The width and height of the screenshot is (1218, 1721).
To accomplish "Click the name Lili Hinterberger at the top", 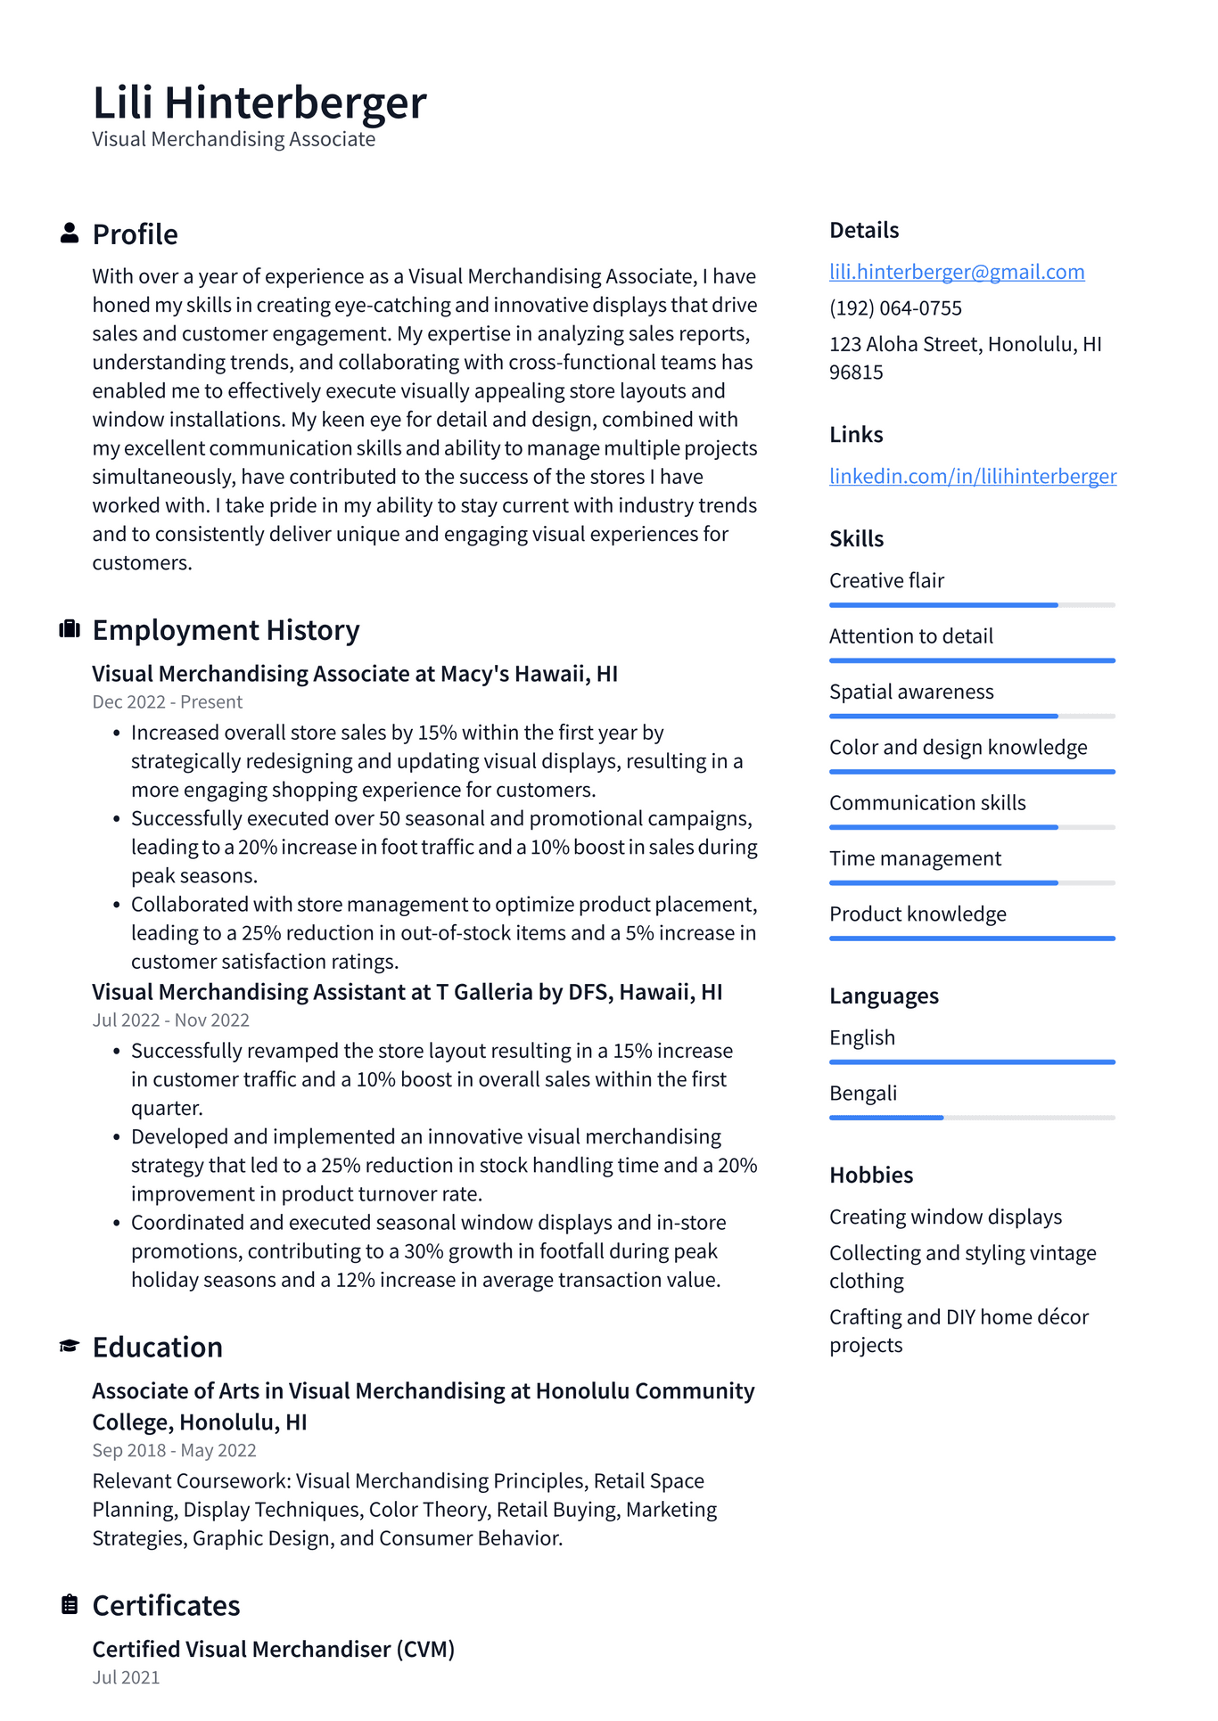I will click(259, 102).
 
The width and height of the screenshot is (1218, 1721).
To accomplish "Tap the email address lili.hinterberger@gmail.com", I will click(957, 272).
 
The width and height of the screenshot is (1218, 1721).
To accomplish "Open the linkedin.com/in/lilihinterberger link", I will click(972, 476).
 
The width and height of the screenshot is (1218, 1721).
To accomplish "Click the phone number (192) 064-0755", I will click(895, 308).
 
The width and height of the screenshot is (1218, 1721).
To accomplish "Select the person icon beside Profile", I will click(70, 234).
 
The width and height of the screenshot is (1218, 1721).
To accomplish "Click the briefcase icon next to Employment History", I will click(70, 629).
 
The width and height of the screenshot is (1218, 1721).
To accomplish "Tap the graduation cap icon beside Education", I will click(70, 1346).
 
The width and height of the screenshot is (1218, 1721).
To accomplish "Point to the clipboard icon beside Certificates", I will click(70, 1604).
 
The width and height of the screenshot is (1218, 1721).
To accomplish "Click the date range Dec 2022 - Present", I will click(167, 702).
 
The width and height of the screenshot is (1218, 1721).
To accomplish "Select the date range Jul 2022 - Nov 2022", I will click(170, 1020).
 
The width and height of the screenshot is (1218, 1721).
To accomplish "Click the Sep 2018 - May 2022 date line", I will click(174, 1451).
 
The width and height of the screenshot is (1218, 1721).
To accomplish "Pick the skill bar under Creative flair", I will click(971, 605).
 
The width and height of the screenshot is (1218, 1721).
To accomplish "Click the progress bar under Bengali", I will click(971, 1118).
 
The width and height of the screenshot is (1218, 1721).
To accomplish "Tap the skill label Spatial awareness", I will click(910, 692).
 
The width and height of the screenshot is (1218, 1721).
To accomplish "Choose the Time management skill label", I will click(915, 858).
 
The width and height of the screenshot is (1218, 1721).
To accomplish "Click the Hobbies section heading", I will click(870, 1175).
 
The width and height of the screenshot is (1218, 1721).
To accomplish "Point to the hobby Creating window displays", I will click(945, 1217).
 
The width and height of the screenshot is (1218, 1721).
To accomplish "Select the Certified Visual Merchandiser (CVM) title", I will click(273, 1649).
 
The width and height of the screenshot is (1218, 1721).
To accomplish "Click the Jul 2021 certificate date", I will click(126, 1677).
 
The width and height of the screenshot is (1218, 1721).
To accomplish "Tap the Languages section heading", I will click(883, 996).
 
